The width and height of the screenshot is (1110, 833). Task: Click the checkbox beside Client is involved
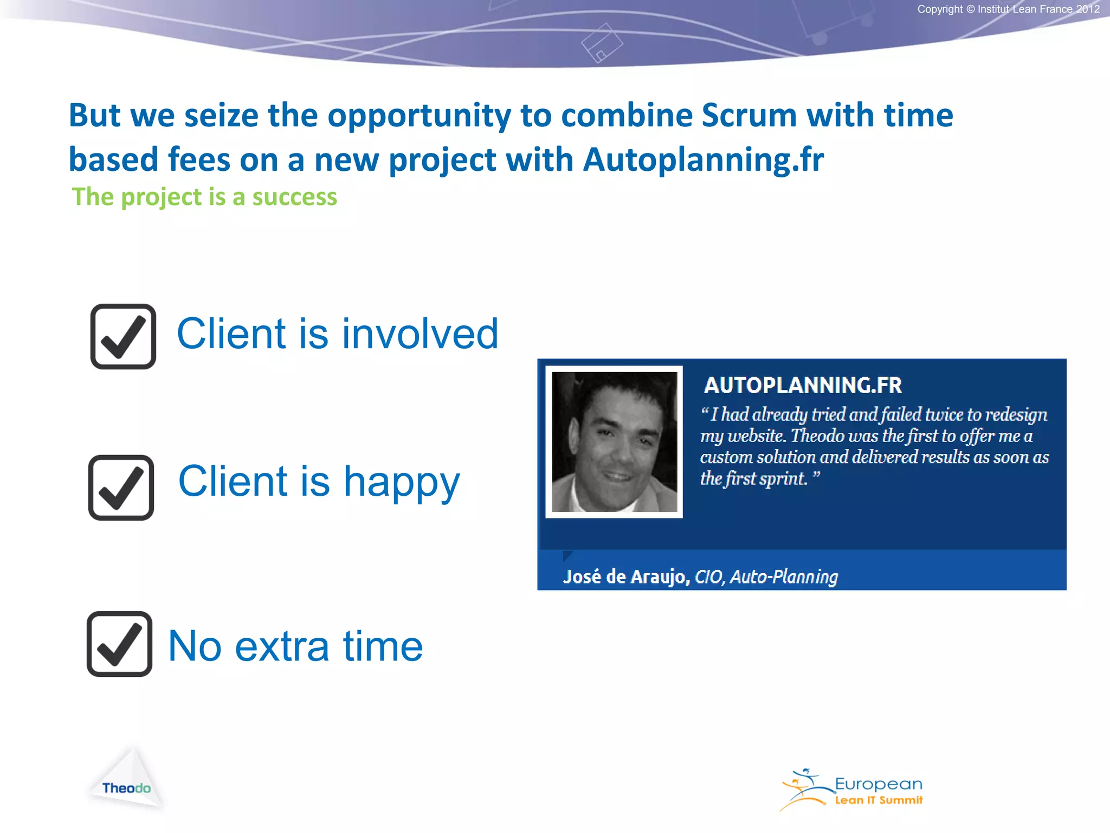click(x=123, y=337)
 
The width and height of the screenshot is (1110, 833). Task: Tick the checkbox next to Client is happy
click(x=121, y=488)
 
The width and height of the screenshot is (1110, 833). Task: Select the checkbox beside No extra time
click(x=119, y=644)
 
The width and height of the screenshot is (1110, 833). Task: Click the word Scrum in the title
click(x=749, y=116)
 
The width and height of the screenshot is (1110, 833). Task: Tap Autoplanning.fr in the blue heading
click(x=703, y=160)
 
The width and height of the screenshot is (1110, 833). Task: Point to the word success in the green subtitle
click(x=294, y=197)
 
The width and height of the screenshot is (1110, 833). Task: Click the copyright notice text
click(x=1008, y=9)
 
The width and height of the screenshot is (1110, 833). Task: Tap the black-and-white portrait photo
click(x=614, y=442)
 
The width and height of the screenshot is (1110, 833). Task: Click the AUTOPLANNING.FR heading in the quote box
click(x=803, y=386)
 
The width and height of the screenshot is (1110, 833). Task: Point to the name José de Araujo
click(x=626, y=576)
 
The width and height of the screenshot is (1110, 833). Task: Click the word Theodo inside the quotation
click(x=818, y=436)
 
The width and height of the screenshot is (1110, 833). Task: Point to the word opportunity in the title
click(x=419, y=116)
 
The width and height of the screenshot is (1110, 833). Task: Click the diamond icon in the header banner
click(x=602, y=43)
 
